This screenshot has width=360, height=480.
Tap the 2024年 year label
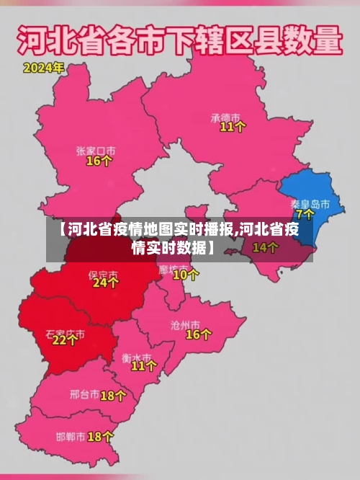click(43, 69)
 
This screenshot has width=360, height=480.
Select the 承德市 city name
click(225, 115)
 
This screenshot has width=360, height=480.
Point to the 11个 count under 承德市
click(233, 127)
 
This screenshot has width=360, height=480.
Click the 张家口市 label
click(96, 151)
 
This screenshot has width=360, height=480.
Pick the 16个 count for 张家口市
click(99, 161)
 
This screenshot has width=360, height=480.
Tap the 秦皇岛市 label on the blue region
click(310, 204)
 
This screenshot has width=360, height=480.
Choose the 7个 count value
click(305, 215)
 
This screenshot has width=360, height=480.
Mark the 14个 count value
click(265, 247)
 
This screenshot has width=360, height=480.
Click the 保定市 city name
click(103, 274)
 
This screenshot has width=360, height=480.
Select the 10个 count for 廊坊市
click(186, 275)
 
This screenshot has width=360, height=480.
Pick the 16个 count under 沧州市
click(199, 335)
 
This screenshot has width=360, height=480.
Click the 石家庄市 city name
click(65, 334)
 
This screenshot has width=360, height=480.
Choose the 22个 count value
click(65, 341)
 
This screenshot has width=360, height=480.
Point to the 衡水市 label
click(136, 357)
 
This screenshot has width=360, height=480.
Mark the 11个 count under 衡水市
click(143, 366)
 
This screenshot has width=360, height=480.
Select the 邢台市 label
click(84, 395)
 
